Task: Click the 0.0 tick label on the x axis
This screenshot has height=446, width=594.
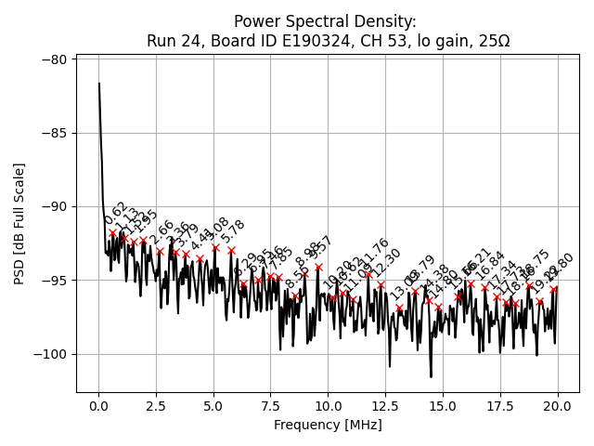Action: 98,406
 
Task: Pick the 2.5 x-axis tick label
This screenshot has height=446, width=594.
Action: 156,406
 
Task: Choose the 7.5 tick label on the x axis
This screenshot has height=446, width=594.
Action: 270,406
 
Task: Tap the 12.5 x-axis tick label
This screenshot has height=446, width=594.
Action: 385,406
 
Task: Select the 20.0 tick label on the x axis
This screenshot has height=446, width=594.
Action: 557,406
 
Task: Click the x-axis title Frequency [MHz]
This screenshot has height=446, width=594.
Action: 328,425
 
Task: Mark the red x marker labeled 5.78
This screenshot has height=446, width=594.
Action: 231,250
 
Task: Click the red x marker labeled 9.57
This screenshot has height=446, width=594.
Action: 318,267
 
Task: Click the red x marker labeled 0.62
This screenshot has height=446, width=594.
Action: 113,233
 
